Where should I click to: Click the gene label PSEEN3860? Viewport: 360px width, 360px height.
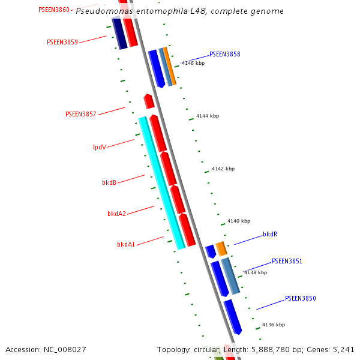(54, 10)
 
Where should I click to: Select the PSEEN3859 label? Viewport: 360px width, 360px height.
(62, 42)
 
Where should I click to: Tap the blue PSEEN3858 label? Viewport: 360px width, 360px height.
(225, 54)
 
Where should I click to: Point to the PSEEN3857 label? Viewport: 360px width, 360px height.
(81, 114)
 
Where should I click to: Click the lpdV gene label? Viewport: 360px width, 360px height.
(100, 147)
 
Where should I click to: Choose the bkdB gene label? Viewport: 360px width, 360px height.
(109, 182)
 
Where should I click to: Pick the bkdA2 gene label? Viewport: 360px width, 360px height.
(116, 214)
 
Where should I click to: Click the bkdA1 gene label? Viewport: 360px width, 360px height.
(126, 244)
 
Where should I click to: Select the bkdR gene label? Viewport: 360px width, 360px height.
(270, 235)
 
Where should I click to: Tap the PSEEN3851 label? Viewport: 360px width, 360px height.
(287, 262)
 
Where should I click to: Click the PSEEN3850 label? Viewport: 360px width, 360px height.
(300, 298)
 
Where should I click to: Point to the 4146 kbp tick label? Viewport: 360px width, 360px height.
(193, 63)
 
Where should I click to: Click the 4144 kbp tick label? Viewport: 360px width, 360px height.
(208, 116)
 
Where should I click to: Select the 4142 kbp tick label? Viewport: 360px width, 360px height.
(223, 169)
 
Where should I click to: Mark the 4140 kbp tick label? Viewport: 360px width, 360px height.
(239, 221)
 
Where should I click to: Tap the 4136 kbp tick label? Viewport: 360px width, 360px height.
(274, 325)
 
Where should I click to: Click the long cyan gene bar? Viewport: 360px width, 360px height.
(161, 183)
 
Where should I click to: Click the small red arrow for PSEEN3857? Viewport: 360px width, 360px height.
(149, 101)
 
